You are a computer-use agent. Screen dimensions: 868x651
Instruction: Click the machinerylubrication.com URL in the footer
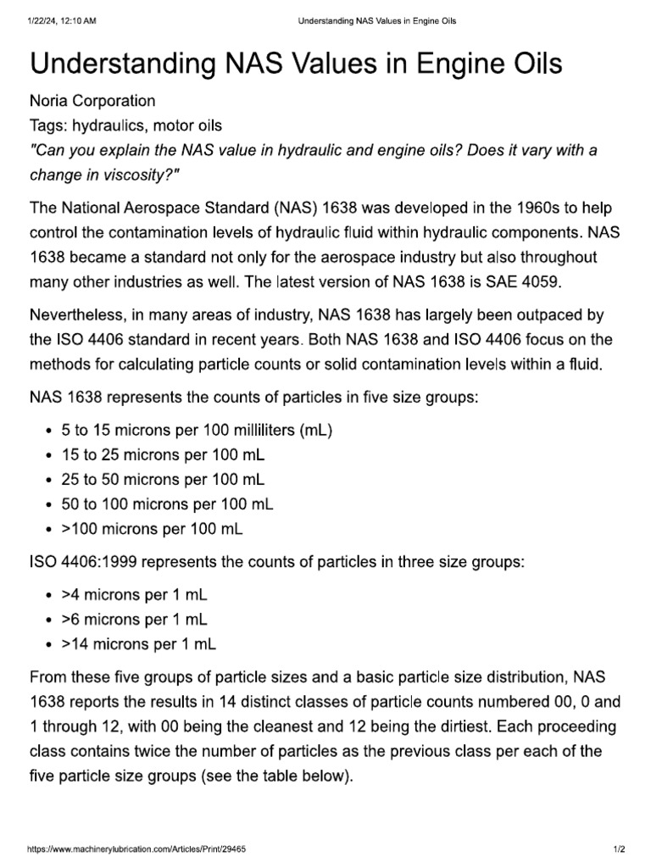pos(137,849)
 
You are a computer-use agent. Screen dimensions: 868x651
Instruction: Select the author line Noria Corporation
pos(92,101)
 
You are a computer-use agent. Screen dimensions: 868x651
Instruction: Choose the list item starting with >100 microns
pos(152,529)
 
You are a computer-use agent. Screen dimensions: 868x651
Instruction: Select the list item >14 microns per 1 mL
pos(138,644)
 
